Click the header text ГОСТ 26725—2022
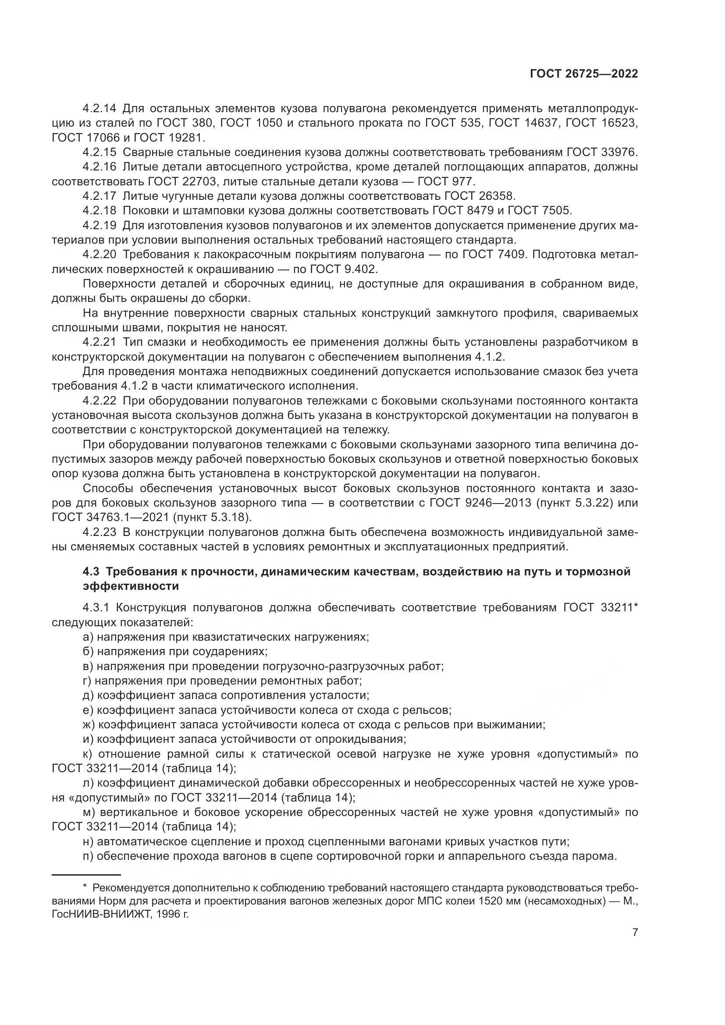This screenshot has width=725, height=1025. (584, 74)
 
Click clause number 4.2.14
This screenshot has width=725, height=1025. (99, 108)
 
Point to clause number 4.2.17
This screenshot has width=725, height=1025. (99, 195)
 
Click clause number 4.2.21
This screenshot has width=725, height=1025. (99, 342)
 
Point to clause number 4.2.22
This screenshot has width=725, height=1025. (99, 401)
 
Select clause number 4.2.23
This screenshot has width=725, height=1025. (99, 532)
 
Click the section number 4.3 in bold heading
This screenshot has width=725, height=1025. (92, 571)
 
